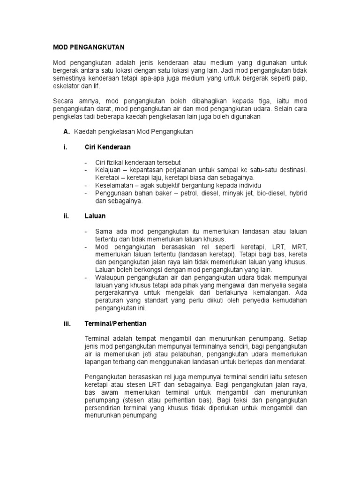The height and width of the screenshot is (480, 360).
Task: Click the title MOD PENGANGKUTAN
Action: (88, 47)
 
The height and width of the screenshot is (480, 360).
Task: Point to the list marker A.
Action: (66, 132)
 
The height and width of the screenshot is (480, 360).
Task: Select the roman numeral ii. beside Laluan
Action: (66, 216)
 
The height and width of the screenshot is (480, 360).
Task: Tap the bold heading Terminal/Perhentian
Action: (115, 323)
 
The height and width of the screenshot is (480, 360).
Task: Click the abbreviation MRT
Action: (299, 247)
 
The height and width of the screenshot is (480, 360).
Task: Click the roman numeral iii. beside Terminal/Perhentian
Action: (67, 323)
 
